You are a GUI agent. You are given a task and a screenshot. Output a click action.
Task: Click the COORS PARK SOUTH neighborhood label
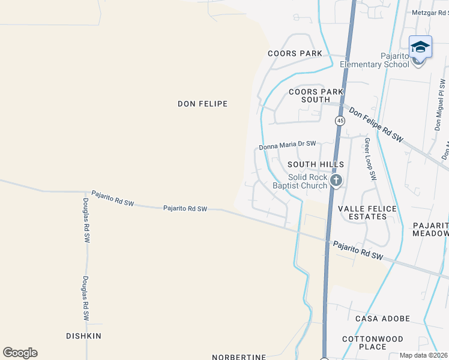click(x=316, y=95)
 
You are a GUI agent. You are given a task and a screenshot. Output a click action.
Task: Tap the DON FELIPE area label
click(x=202, y=104)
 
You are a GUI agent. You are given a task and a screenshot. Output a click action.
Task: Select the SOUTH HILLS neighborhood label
click(x=316, y=164)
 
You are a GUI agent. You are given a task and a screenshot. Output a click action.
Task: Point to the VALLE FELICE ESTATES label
click(x=367, y=214)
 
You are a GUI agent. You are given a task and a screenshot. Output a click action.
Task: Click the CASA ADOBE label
click(x=382, y=319)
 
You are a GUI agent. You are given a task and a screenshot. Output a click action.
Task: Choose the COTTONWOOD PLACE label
click(x=372, y=343)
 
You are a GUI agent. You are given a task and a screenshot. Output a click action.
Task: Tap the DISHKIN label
click(x=84, y=335)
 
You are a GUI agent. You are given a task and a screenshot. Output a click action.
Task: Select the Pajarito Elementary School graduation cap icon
click(x=420, y=47)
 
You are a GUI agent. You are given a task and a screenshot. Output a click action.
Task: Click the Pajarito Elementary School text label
click(x=375, y=60)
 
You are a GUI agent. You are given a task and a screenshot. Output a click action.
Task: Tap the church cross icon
click(x=337, y=179)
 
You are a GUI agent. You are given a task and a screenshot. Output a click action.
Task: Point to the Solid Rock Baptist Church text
click(x=308, y=181)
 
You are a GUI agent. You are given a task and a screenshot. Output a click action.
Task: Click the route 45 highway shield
click(x=340, y=121)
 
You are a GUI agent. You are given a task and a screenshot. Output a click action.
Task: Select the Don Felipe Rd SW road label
click(x=376, y=125)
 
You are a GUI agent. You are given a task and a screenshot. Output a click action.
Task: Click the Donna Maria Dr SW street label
click(x=287, y=145)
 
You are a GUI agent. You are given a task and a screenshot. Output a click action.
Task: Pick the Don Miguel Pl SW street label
click(x=440, y=106)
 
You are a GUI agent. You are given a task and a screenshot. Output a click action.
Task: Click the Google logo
click(x=20, y=352)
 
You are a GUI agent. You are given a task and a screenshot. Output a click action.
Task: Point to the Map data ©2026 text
click(x=423, y=355)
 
